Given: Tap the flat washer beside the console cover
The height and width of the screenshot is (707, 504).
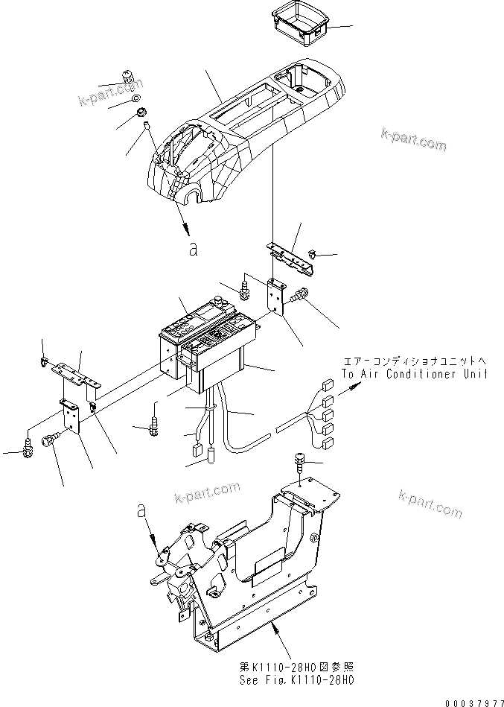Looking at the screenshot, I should pyautogui.click(x=135, y=98).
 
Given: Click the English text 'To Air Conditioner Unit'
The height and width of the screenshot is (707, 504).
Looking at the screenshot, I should pyautogui.click(x=414, y=374).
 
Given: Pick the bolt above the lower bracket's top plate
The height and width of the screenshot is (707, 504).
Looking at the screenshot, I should pyautogui.click(x=300, y=462).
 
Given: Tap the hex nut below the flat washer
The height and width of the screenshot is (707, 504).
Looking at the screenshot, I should pyautogui.click(x=138, y=114).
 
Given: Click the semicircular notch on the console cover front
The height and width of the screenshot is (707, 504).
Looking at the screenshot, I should pyautogui.click(x=191, y=197).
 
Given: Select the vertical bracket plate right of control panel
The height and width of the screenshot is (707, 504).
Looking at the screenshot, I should pyautogui.click(x=278, y=298).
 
